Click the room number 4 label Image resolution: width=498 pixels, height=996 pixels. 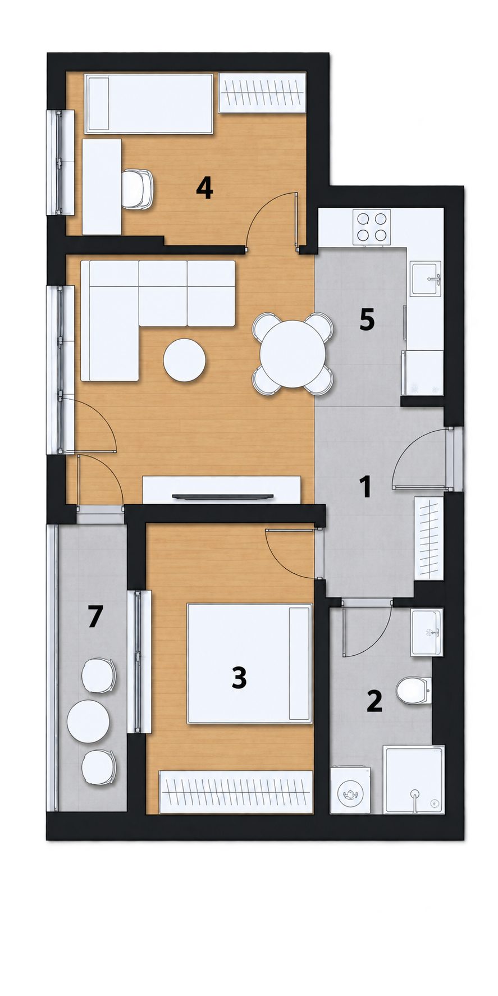tap(204, 188)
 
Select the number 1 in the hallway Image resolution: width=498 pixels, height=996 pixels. tap(366, 486)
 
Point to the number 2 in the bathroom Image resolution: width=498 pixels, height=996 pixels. tap(374, 701)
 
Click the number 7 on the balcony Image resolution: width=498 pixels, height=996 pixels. tap(95, 616)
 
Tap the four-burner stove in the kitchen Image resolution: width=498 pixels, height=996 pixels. tap(372, 227)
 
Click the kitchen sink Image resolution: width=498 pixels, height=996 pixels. tap(426, 279)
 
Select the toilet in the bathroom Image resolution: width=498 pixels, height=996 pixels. tap(413, 690)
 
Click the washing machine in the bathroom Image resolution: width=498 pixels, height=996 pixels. tap(350, 791)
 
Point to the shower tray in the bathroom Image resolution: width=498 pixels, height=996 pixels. tap(414, 779)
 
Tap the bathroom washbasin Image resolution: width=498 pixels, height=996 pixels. tap(427, 632)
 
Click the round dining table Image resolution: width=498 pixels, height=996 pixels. tap(293, 353)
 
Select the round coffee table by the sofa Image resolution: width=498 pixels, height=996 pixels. tap(184, 360)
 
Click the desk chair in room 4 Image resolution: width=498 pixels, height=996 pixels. tap(138, 189)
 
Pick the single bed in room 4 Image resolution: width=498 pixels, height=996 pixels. tap(149, 104)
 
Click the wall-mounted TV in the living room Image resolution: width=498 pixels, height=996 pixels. tap(222, 496)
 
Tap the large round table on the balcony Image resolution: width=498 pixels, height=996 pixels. tap(88, 721)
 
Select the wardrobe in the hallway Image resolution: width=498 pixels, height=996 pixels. tap(429, 538)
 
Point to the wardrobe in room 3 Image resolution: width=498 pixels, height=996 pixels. tap(236, 792)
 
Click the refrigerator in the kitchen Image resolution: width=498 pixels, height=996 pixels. tap(422, 373)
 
